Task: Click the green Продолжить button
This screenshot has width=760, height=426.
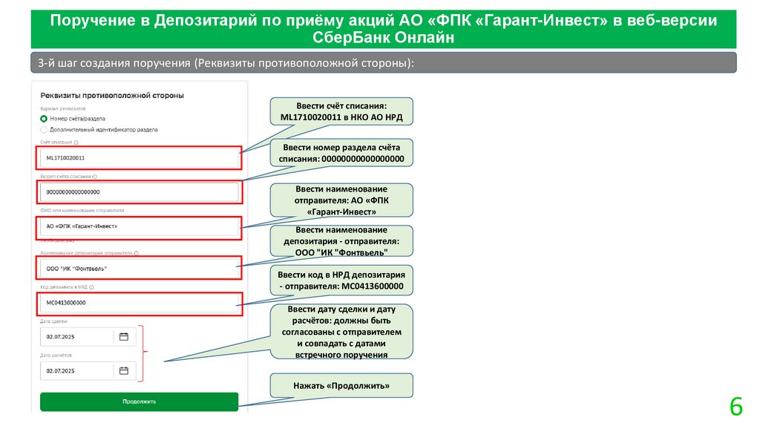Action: click(x=139, y=402)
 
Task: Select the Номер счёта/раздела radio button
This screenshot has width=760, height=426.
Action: click(x=45, y=118)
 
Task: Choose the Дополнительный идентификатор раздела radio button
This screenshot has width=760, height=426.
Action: click(x=45, y=129)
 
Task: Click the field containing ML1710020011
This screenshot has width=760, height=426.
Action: click(x=140, y=158)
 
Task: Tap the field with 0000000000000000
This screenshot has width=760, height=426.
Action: click(x=140, y=192)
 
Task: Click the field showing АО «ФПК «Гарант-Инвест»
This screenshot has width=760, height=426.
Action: click(x=140, y=226)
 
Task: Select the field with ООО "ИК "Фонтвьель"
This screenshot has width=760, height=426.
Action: click(x=140, y=268)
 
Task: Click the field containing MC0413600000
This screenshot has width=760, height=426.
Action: click(x=140, y=303)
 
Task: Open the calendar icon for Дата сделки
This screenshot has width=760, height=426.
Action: click(x=124, y=336)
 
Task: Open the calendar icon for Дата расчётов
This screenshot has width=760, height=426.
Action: click(x=124, y=370)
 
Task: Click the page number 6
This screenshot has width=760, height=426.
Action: click(x=736, y=407)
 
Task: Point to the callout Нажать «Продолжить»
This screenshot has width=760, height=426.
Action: click(x=341, y=385)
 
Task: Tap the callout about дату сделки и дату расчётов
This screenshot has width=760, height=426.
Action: click(x=341, y=332)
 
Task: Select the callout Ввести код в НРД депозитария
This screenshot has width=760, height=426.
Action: click(x=341, y=280)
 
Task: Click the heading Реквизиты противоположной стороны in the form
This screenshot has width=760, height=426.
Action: click(x=112, y=96)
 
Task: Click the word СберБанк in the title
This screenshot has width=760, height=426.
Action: click(x=358, y=36)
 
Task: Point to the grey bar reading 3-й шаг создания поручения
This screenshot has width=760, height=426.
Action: click(x=384, y=63)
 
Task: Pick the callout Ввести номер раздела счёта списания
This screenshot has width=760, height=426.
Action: click(x=341, y=153)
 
